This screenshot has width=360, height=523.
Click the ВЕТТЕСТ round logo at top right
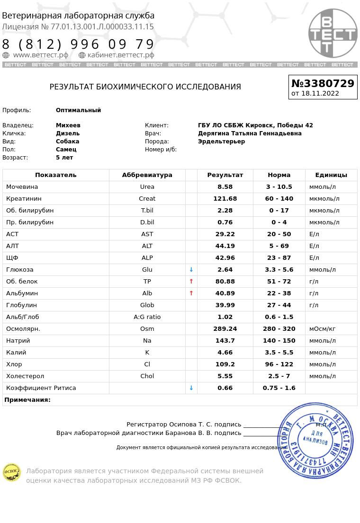point(333,33)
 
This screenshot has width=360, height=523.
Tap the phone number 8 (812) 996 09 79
point(78,44)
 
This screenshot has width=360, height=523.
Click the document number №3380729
point(323,83)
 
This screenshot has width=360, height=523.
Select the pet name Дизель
point(68,133)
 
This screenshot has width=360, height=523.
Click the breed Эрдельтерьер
point(221,142)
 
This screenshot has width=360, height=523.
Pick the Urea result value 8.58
point(225,187)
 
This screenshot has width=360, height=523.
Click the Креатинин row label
point(24,199)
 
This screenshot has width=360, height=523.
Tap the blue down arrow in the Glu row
point(191,270)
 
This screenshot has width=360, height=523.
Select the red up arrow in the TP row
point(191,282)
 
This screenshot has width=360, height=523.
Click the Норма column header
point(279,175)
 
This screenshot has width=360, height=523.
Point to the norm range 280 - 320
point(279,329)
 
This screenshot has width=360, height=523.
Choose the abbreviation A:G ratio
point(147,317)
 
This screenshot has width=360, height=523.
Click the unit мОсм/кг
point(322,329)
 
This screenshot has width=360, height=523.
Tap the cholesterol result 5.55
point(225,376)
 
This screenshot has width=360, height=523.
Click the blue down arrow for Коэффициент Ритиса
point(191,388)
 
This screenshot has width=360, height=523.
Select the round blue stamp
point(315,440)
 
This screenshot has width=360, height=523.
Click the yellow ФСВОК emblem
point(11,472)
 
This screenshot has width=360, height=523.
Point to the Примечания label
point(27,400)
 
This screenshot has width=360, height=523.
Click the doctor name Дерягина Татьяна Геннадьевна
point(250,133)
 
